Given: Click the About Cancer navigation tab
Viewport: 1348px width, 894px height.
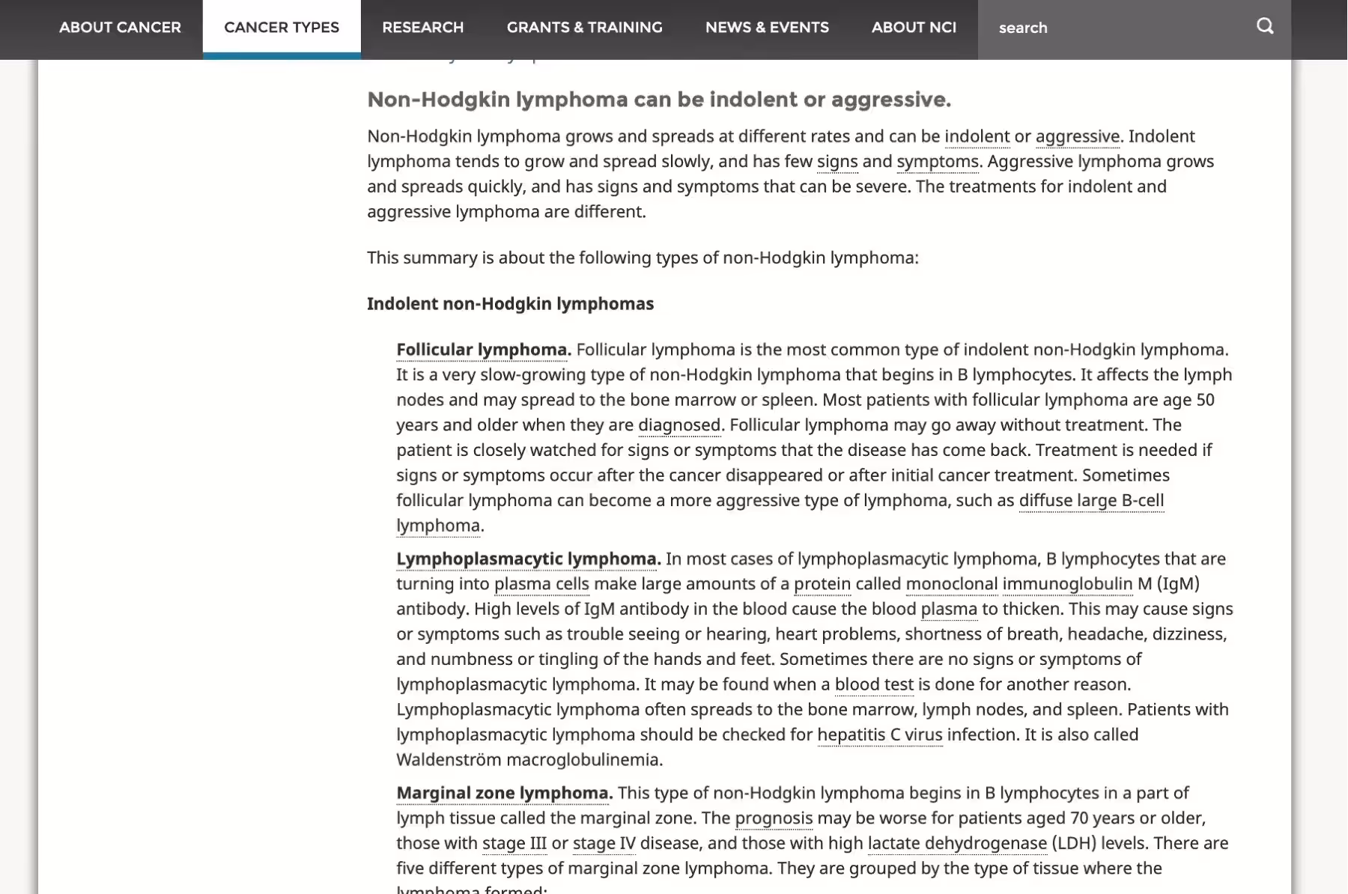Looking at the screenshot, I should pos(120,28).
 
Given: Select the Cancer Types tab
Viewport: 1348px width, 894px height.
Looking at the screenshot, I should pos(282,28).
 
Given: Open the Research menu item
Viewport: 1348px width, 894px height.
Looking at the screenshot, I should pos(422,28).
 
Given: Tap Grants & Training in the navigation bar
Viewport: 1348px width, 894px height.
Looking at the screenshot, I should pos(584,28).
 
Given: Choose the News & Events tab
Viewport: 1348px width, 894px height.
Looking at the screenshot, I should pos(767,28).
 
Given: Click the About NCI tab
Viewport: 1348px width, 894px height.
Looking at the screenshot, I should pos(914,28).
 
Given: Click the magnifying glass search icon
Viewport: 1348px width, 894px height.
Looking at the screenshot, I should pos(1265,27).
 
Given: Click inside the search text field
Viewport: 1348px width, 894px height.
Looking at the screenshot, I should pos(1116,28).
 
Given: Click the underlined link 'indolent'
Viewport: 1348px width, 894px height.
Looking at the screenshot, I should pos(977,136).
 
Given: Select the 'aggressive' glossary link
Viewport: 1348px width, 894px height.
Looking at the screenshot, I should pos(1077,136).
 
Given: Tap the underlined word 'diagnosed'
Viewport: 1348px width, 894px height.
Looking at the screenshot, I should pos(678,425).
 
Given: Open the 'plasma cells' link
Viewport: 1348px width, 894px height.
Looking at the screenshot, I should pos(541,584).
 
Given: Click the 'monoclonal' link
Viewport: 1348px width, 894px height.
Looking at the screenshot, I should pos(951,584).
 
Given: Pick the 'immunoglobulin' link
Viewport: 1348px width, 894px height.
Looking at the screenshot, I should pos(1067,584).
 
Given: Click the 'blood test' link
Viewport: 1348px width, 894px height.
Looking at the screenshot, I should pos(874,684).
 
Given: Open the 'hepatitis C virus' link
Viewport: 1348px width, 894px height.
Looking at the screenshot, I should pos(879,735).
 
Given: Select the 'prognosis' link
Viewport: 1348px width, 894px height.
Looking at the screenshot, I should pos(774,818).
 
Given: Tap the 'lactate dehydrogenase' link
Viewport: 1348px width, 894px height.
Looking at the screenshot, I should pos(957,843).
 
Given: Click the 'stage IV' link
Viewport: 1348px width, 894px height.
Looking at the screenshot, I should pos(604,843).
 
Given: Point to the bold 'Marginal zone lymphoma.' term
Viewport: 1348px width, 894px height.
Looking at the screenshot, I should pos(504,793).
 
